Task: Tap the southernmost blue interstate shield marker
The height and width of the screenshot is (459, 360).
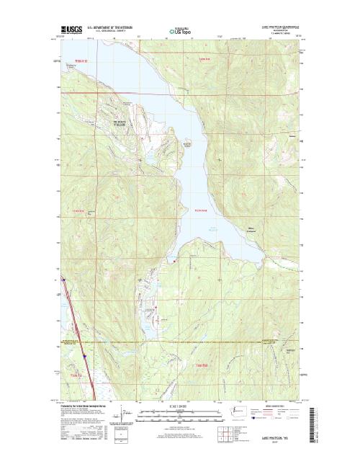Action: (x=84, y=355)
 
